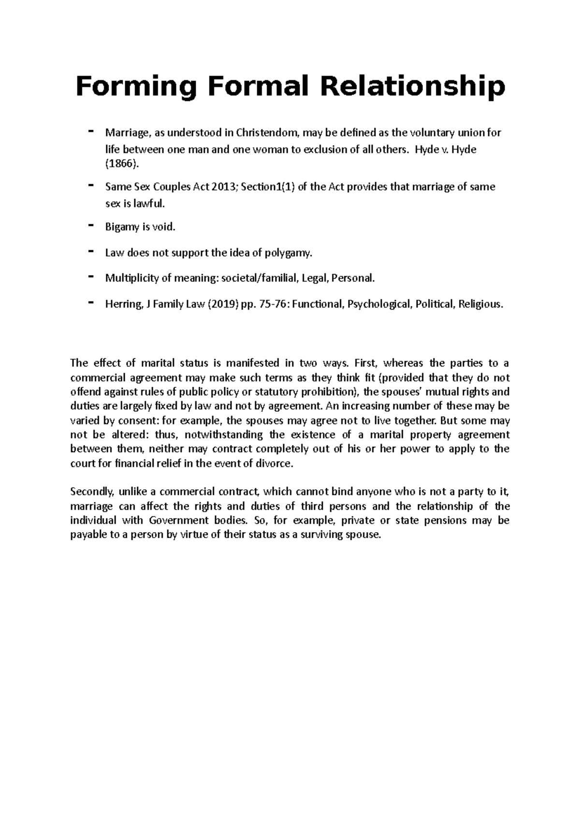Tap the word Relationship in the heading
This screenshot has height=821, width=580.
418,87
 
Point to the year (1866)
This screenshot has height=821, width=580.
122,164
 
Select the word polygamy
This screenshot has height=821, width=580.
288,252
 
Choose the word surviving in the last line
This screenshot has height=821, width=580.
319,535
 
